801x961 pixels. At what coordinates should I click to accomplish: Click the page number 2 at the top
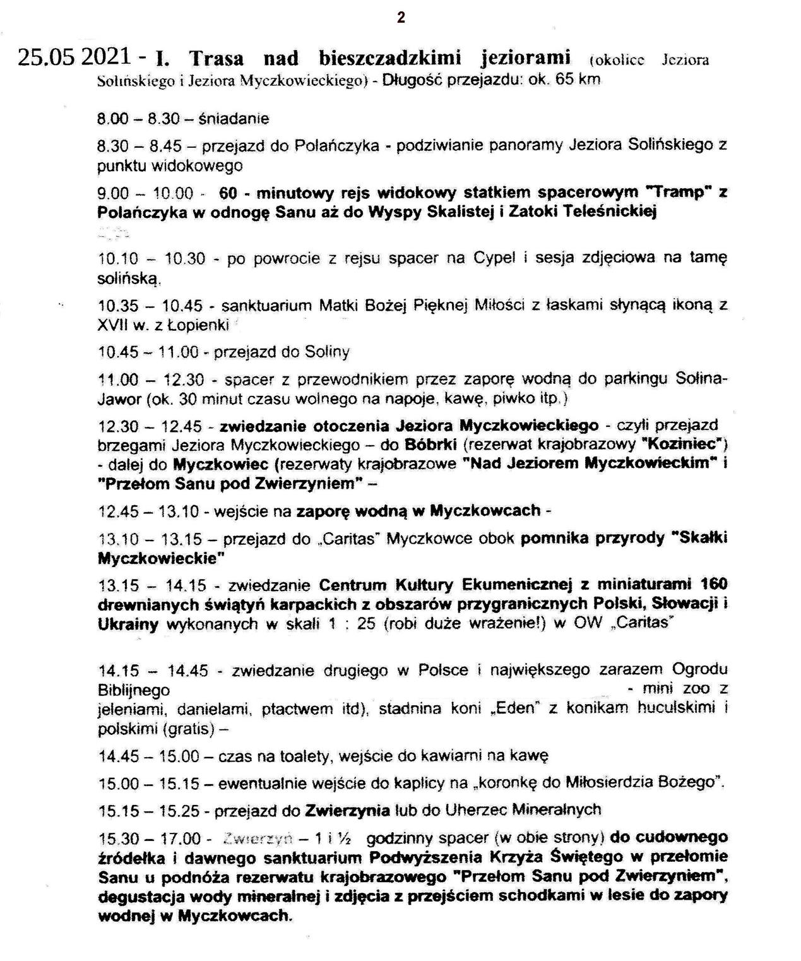tap(401, 18)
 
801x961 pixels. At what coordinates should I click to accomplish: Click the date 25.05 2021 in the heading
tap(75, 57)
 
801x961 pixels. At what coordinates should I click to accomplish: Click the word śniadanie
tap(234, 119)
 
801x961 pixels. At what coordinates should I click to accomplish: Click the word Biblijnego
tap(134, 690)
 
